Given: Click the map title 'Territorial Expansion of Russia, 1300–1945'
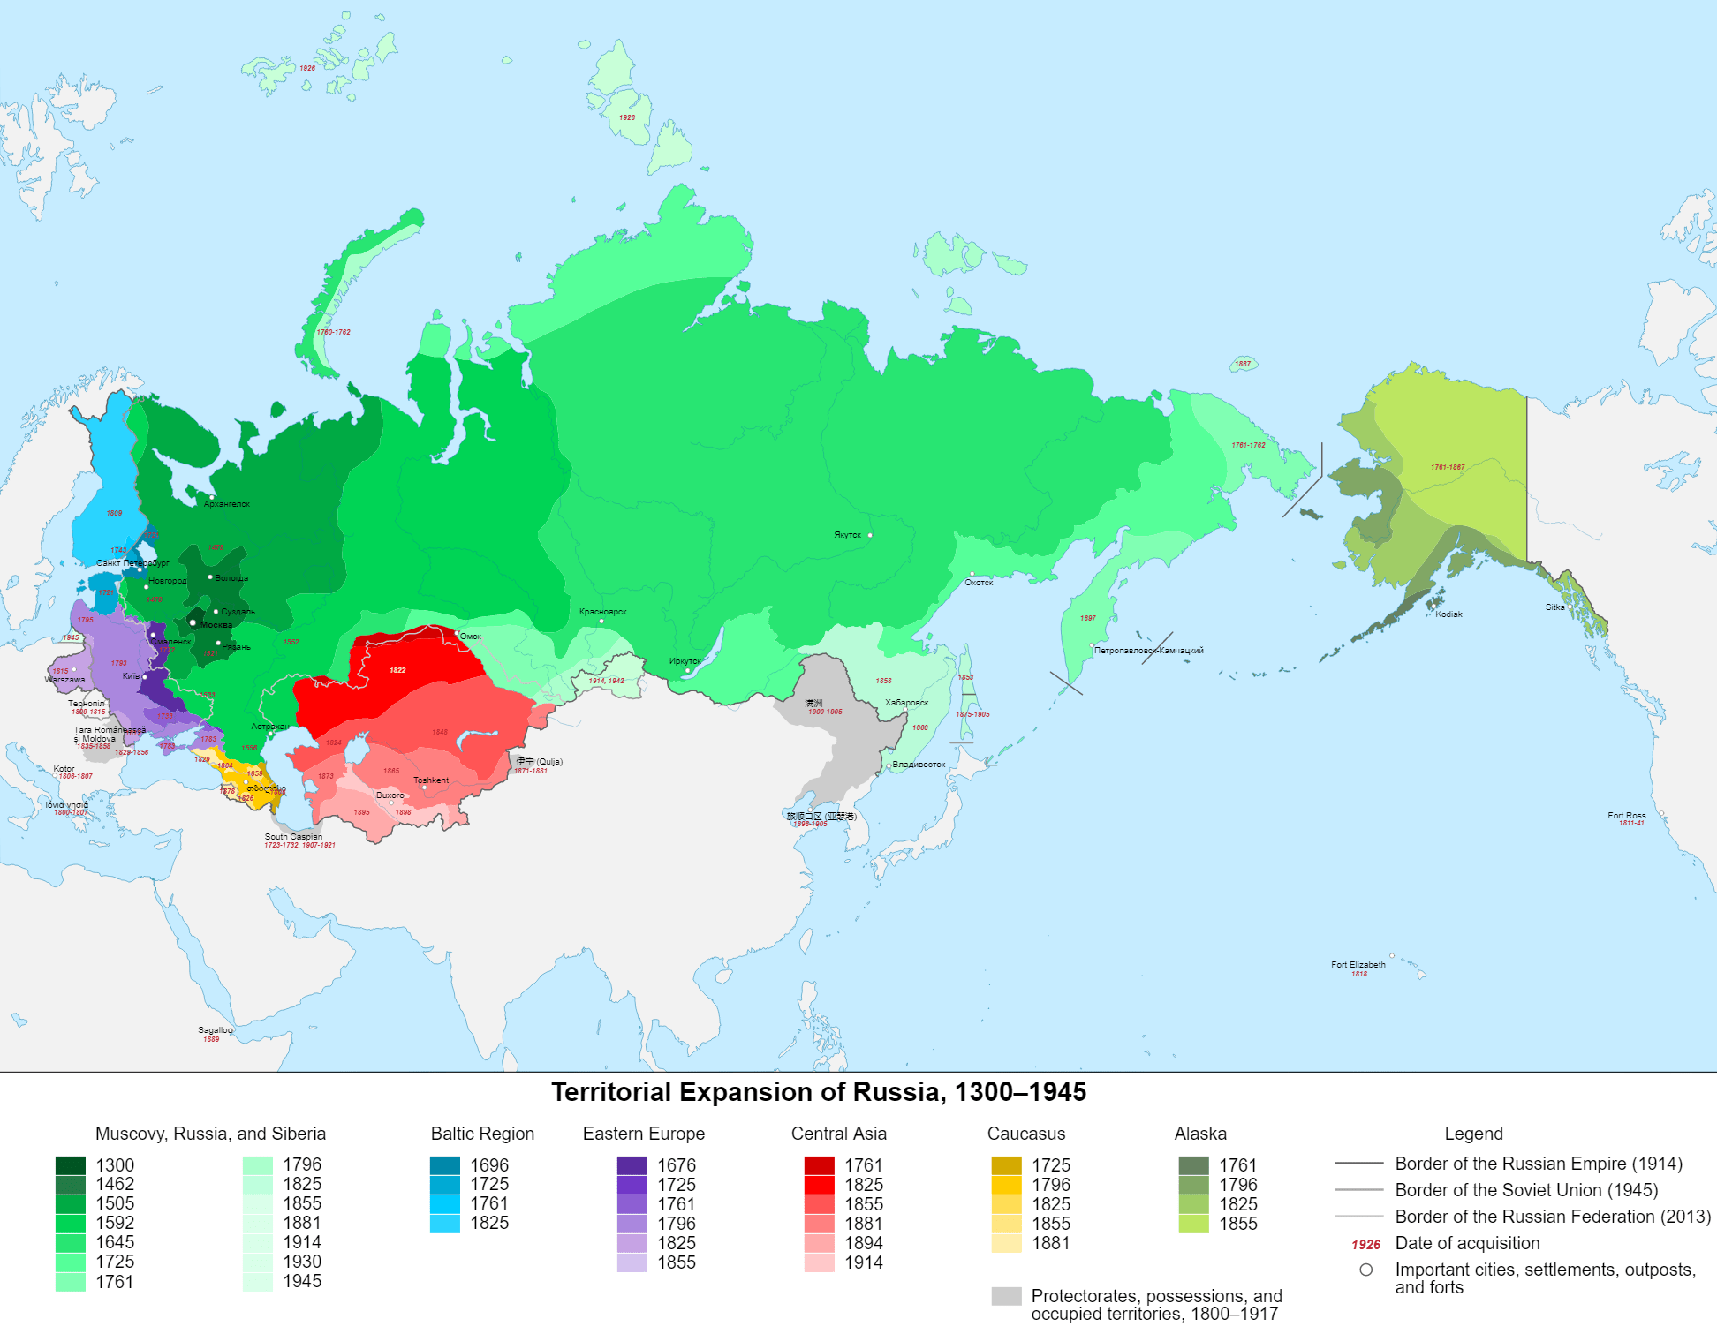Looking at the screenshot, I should [x=819, y=1092].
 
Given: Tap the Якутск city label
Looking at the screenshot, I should [x=847, y=535].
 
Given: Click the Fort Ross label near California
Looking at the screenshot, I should [x=1626, y=816].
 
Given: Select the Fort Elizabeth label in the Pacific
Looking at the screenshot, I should [x=1358, y=965].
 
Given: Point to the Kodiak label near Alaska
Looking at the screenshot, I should [x=1448, y=614].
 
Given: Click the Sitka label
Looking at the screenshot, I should [x=1554, y=607].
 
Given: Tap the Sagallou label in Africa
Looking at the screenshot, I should [x=215, y=1030].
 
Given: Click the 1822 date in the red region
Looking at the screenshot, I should [x=397, y=670].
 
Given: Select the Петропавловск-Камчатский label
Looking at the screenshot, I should [x=1148, y=651].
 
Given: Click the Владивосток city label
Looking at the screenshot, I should [x=919, y=765].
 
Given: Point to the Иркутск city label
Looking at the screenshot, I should [x=685, y=661].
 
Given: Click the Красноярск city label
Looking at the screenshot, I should [x=602, y=612].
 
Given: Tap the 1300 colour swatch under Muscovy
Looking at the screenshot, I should [x=71, y=1165].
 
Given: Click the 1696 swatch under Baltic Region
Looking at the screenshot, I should [x=445, y=1165].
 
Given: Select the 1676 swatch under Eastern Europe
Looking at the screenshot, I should [x=632, y=1165].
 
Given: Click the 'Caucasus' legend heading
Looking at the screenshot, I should [x=1025, y=1134].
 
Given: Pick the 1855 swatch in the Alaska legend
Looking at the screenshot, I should [x=1193, y=1224].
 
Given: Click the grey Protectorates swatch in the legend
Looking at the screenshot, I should [x=1006, y=1296].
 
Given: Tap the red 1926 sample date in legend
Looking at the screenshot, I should [x=1365, y=1244].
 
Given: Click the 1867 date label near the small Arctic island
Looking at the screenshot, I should [x=1242, y=364].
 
